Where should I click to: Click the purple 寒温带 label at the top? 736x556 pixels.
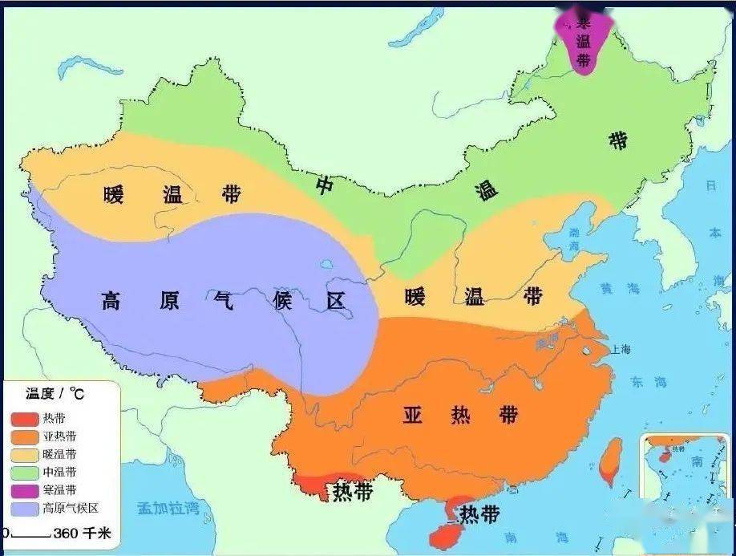(x=583, y=40)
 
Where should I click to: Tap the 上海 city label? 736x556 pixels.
(x=620, y=349)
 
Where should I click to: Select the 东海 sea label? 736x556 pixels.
(x=649, y=381)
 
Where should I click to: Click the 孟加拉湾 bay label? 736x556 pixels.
(x=168, y=507)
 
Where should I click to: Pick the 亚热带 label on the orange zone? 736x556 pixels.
(x=460, y=415)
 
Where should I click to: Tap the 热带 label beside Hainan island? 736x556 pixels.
(x=479, y=513)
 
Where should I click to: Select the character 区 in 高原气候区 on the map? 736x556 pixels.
(x=334, y=301)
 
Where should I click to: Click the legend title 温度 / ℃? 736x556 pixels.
(x=55, y=393)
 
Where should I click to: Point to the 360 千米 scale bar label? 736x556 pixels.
(x=82, y=534)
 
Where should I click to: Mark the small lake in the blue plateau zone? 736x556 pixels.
(x=328, y=263)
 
